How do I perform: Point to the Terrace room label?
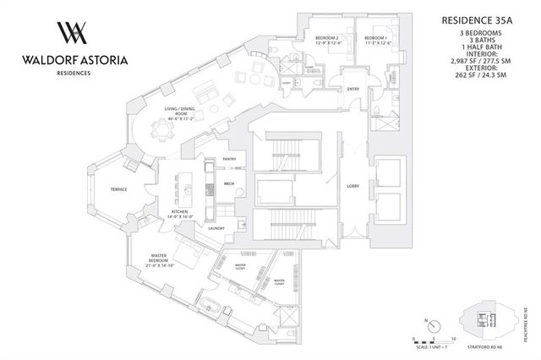click(119, 189)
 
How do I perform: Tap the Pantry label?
click(229, 159)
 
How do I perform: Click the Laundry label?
click(216, 228)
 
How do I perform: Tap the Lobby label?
click(353, 187)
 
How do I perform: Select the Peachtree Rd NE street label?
click(533, 318)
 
